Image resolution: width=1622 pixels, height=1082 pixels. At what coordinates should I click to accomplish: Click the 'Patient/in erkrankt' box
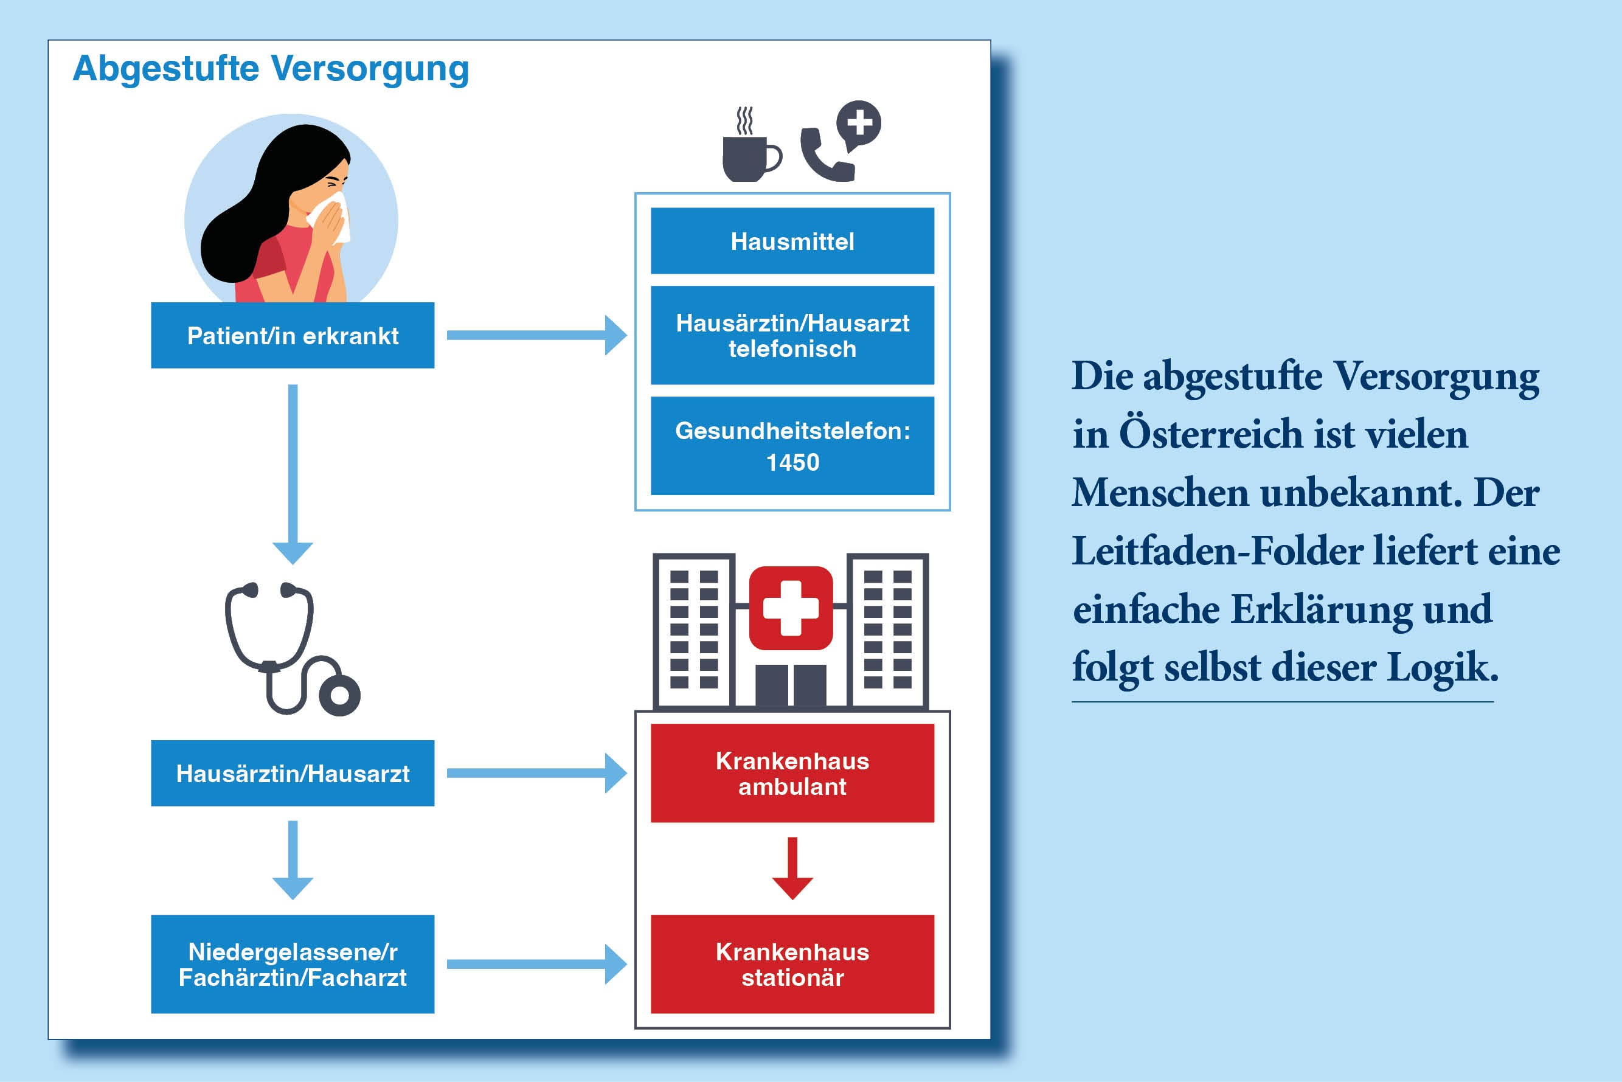click(x=293, y=335)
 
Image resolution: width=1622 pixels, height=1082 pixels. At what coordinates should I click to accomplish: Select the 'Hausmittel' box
click(x=792, y=241)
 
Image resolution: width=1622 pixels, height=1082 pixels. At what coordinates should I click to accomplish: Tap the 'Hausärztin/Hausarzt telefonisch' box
click(x=792, y=335)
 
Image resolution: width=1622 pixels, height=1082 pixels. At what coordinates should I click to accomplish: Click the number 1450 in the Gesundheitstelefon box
click(x=792, y=462)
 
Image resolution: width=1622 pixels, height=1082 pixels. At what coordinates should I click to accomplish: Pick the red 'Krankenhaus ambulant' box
click(x=792, y=773)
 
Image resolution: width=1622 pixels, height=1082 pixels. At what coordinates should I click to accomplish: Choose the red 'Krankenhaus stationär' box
click(x=792, y=964)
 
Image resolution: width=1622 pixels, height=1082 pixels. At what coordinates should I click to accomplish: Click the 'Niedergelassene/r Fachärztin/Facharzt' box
click(x=293, y=964)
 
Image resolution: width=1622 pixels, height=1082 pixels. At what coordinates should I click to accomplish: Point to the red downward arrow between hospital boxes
click(x=792, y=868)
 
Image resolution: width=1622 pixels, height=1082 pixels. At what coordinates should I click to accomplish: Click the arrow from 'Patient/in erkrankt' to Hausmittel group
click(x=537, y=335)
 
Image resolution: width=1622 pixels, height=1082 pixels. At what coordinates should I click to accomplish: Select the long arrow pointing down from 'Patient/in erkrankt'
click(x=293, y=474)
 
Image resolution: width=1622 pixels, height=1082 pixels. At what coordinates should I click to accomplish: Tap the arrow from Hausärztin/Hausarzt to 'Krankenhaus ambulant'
click(x=537, y=773)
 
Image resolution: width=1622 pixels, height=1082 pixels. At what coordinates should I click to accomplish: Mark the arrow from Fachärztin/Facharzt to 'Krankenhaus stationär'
click(x=537, y=964)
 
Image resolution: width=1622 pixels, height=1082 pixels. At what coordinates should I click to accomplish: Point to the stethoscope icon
click(x=292, y=648)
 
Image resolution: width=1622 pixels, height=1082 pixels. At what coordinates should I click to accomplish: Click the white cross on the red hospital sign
click(x=791, y=608)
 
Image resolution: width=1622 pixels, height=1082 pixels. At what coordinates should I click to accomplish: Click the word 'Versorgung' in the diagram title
click(x=370, y=69)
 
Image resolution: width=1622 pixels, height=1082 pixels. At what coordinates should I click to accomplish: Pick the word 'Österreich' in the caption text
click(x=1211, y=434)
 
